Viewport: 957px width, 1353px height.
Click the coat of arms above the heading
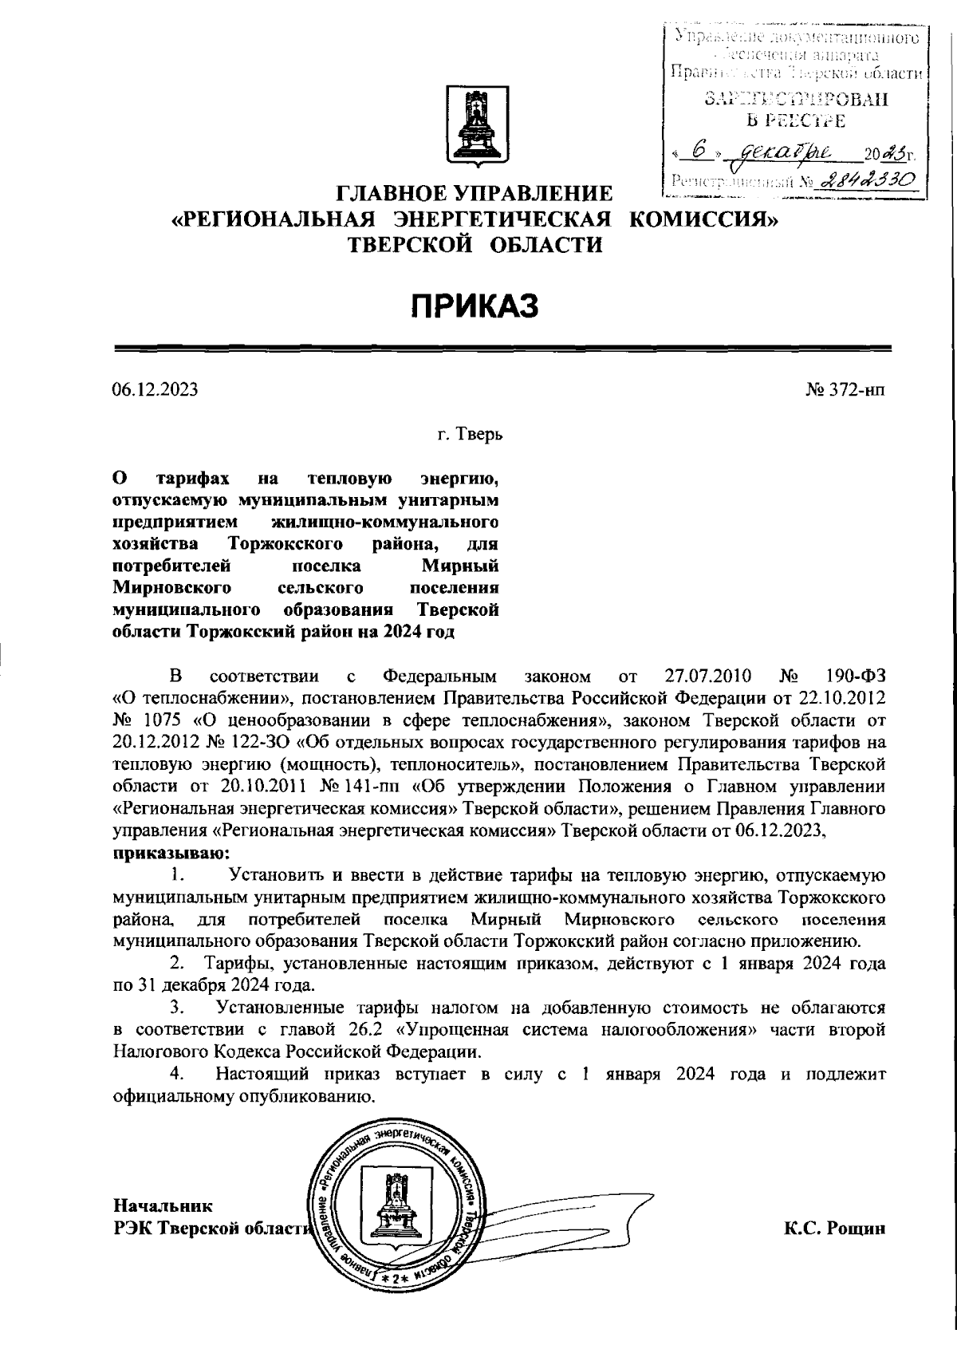pyautogui.click(x=477, y=129)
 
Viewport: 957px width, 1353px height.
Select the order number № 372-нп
pyautogui.click(x=847, y=390)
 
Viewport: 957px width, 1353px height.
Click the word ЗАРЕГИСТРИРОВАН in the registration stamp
pyautogui.click(x=795, y=100)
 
